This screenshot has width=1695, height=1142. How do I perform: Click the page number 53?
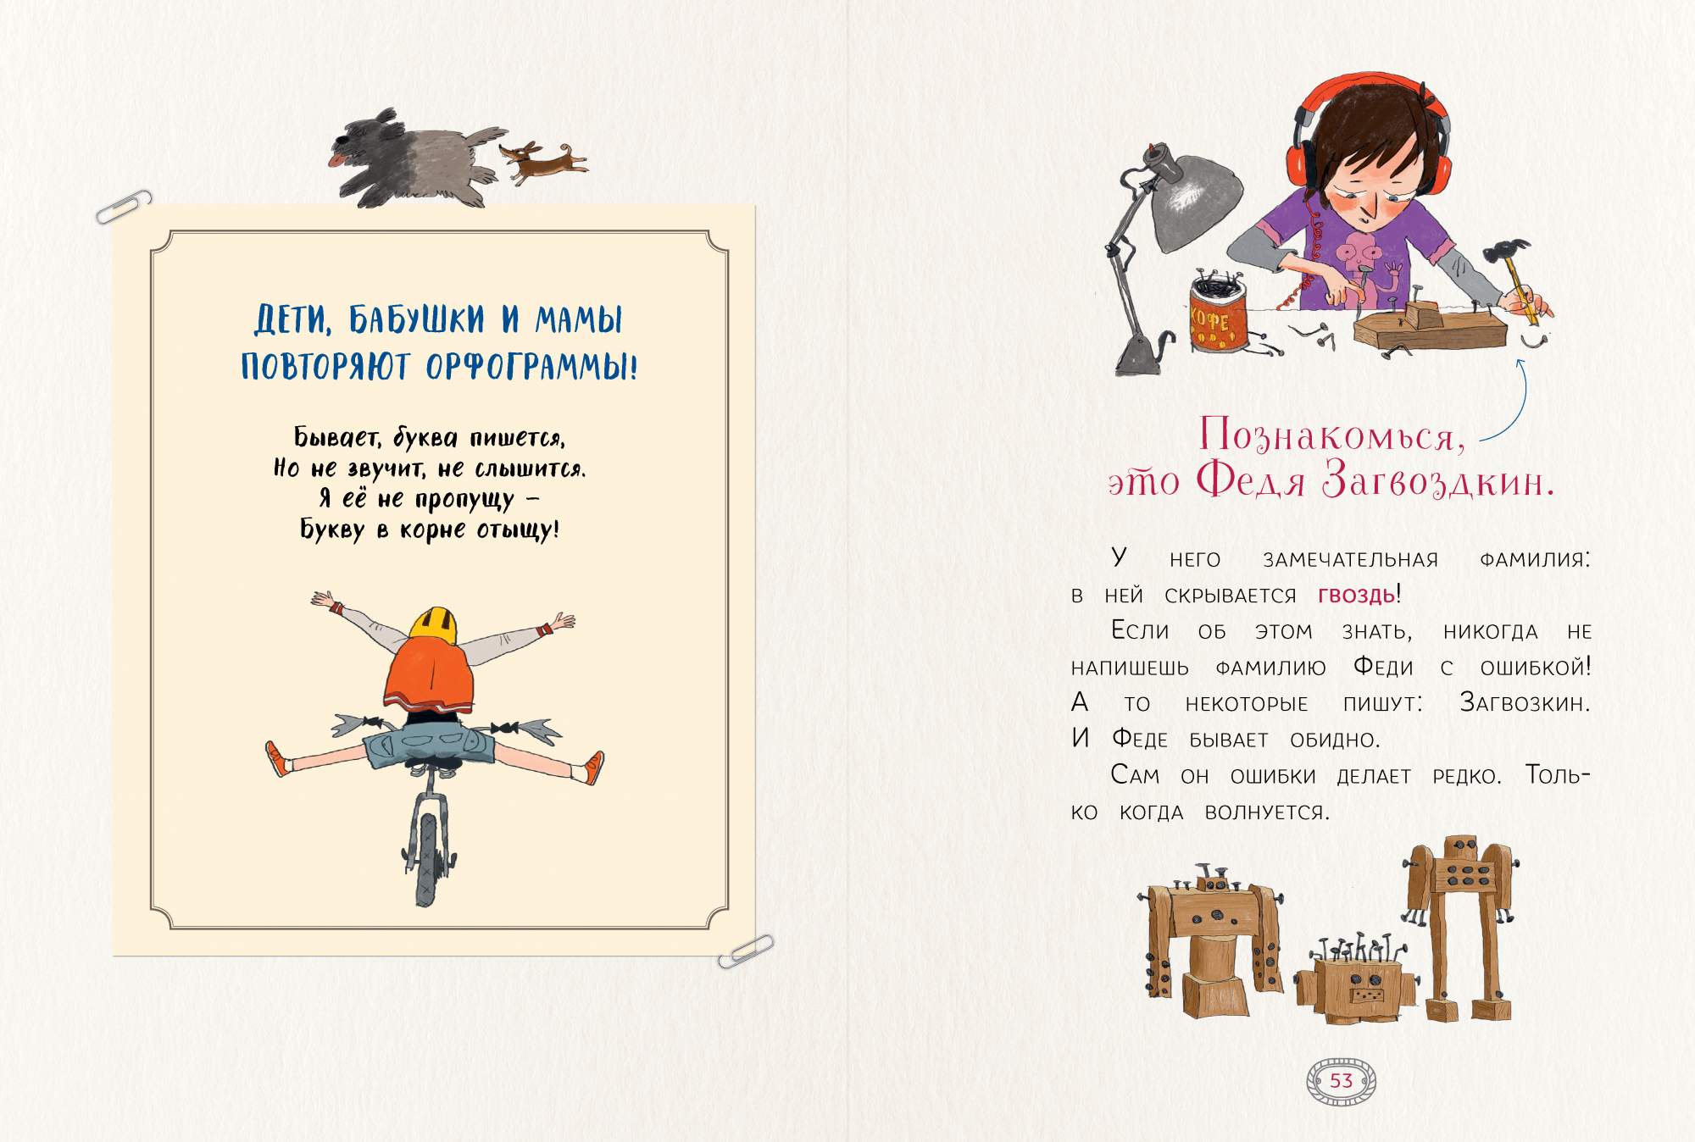click(1342, 1080)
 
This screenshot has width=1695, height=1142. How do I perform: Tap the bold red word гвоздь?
click(1356, 595)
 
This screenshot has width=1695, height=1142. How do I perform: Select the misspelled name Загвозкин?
click(1524, 702)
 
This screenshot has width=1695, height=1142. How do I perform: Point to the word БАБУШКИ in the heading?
click(417, 319)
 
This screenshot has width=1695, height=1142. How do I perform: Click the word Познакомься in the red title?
click(1332, 435)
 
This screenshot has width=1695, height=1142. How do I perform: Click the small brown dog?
click(542, 162)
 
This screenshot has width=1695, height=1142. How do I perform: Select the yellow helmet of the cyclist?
click(433, 623)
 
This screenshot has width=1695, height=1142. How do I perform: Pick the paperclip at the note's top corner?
click(124, 206)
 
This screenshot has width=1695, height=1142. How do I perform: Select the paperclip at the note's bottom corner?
click(746, 951)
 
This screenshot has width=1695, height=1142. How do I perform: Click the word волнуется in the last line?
click(1267, 812)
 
